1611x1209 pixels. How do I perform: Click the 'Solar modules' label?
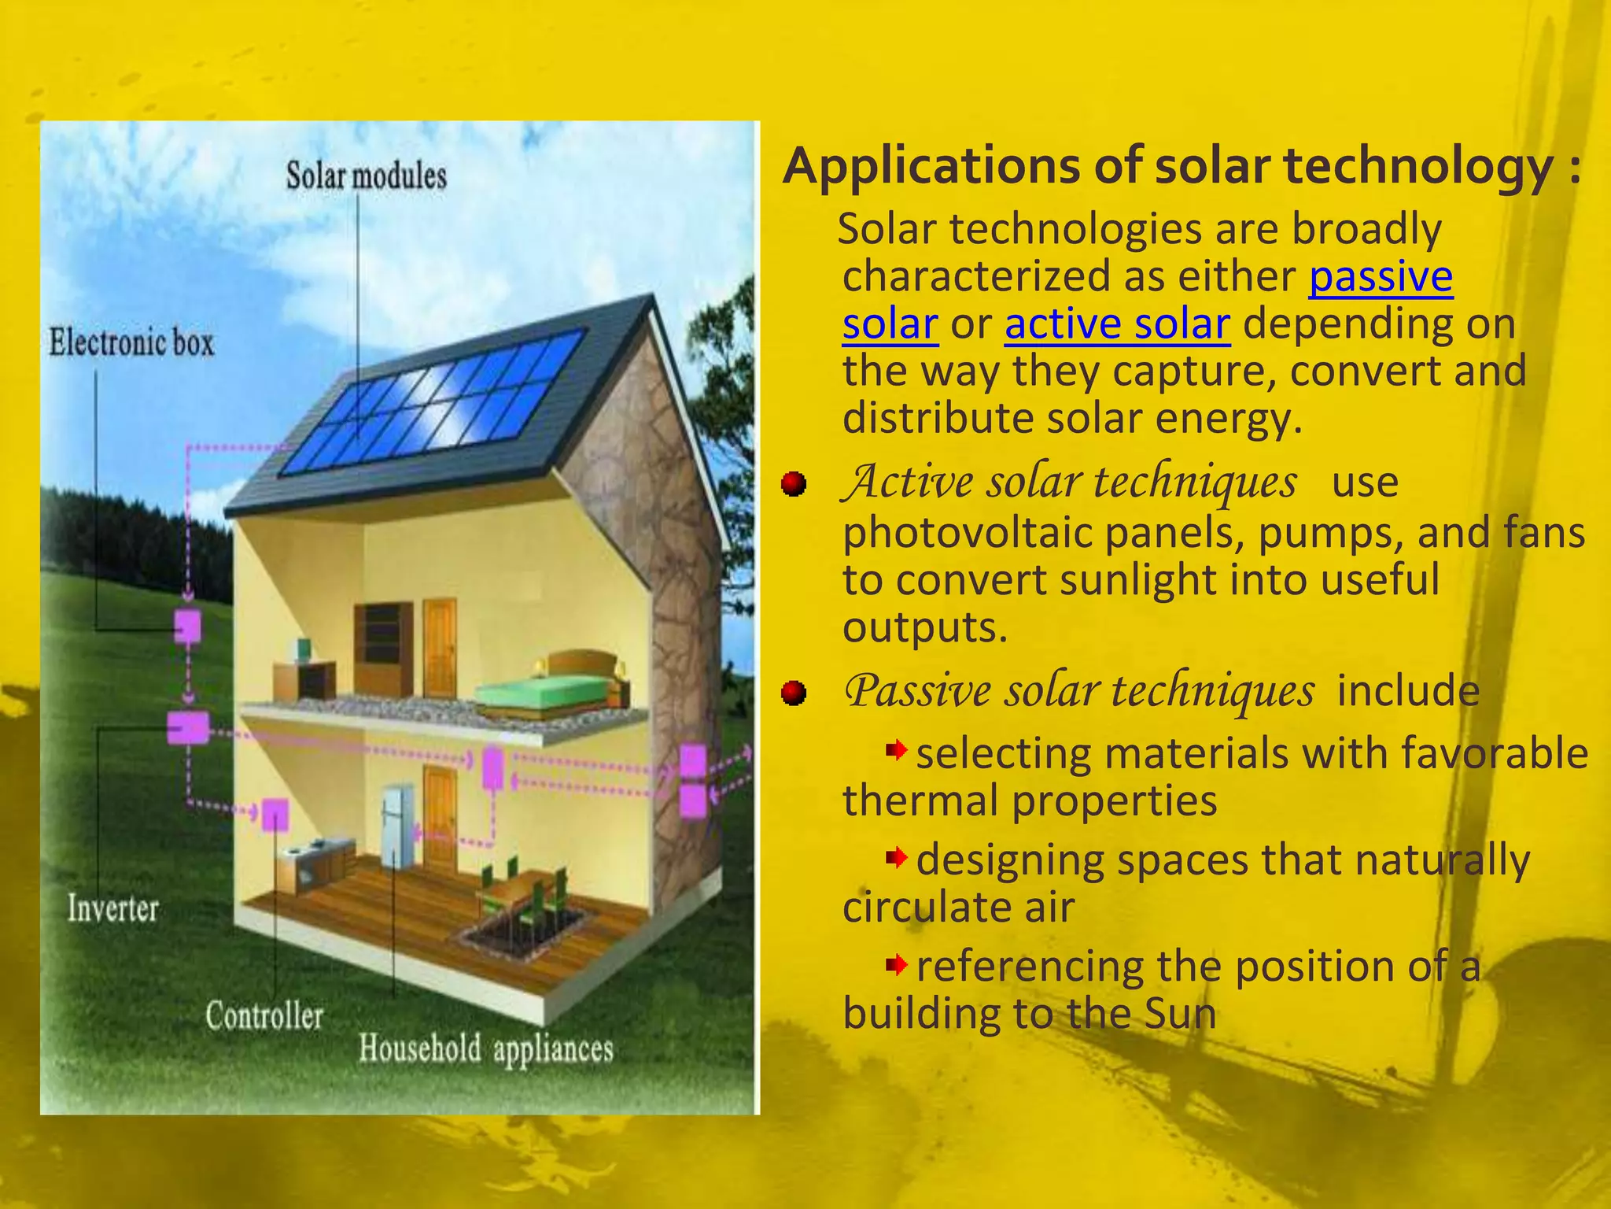[x=366, y=176]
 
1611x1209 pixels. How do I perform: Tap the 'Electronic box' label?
[x=131, y=343]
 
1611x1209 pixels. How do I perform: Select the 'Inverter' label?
[x=112, y=908]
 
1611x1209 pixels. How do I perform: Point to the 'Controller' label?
[x=264, y=1016]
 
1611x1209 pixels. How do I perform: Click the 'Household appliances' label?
[x=485, y=1049]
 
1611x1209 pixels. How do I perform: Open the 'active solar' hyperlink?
[x=1117, y=324]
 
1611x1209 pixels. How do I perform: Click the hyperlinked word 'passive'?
[x=1381, y=277]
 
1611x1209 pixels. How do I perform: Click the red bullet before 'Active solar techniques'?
[x=794, y=483]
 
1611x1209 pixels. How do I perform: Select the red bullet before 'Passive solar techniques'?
[x=794, y=693]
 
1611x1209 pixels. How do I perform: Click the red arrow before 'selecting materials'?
[x=896, y=751]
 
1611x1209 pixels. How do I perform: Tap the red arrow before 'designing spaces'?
[x=896, y=857]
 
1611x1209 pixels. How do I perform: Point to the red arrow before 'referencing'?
[x=896, y=964]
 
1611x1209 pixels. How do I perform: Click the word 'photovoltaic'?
[x=966, y=534]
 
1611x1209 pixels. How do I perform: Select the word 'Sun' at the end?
[x=1180, y=1014]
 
